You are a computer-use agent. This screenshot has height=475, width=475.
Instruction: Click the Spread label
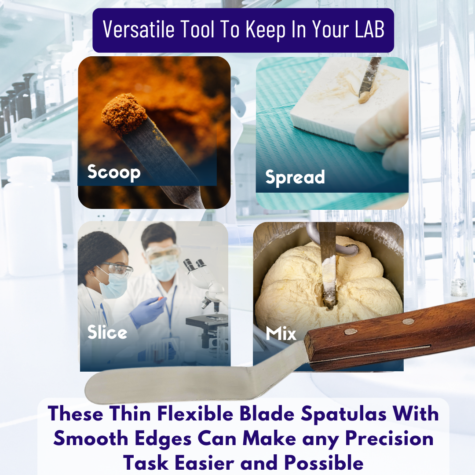tap(295, 177)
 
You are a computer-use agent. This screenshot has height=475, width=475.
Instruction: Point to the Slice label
tap(107, 332)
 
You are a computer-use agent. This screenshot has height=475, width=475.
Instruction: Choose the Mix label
tap(281, 333)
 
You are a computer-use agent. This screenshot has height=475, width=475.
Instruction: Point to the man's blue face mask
tap(164, 269)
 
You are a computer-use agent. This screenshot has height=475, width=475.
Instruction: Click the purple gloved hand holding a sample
tap(148, 311)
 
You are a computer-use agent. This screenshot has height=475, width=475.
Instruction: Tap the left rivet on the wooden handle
tap(351, 332)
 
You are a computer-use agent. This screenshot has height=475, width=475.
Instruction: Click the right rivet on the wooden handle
tap(408, 322)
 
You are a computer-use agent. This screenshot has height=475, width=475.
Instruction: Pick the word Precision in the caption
tap(390, 438)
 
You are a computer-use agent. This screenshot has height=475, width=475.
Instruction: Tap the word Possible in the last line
tap(324, 463)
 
